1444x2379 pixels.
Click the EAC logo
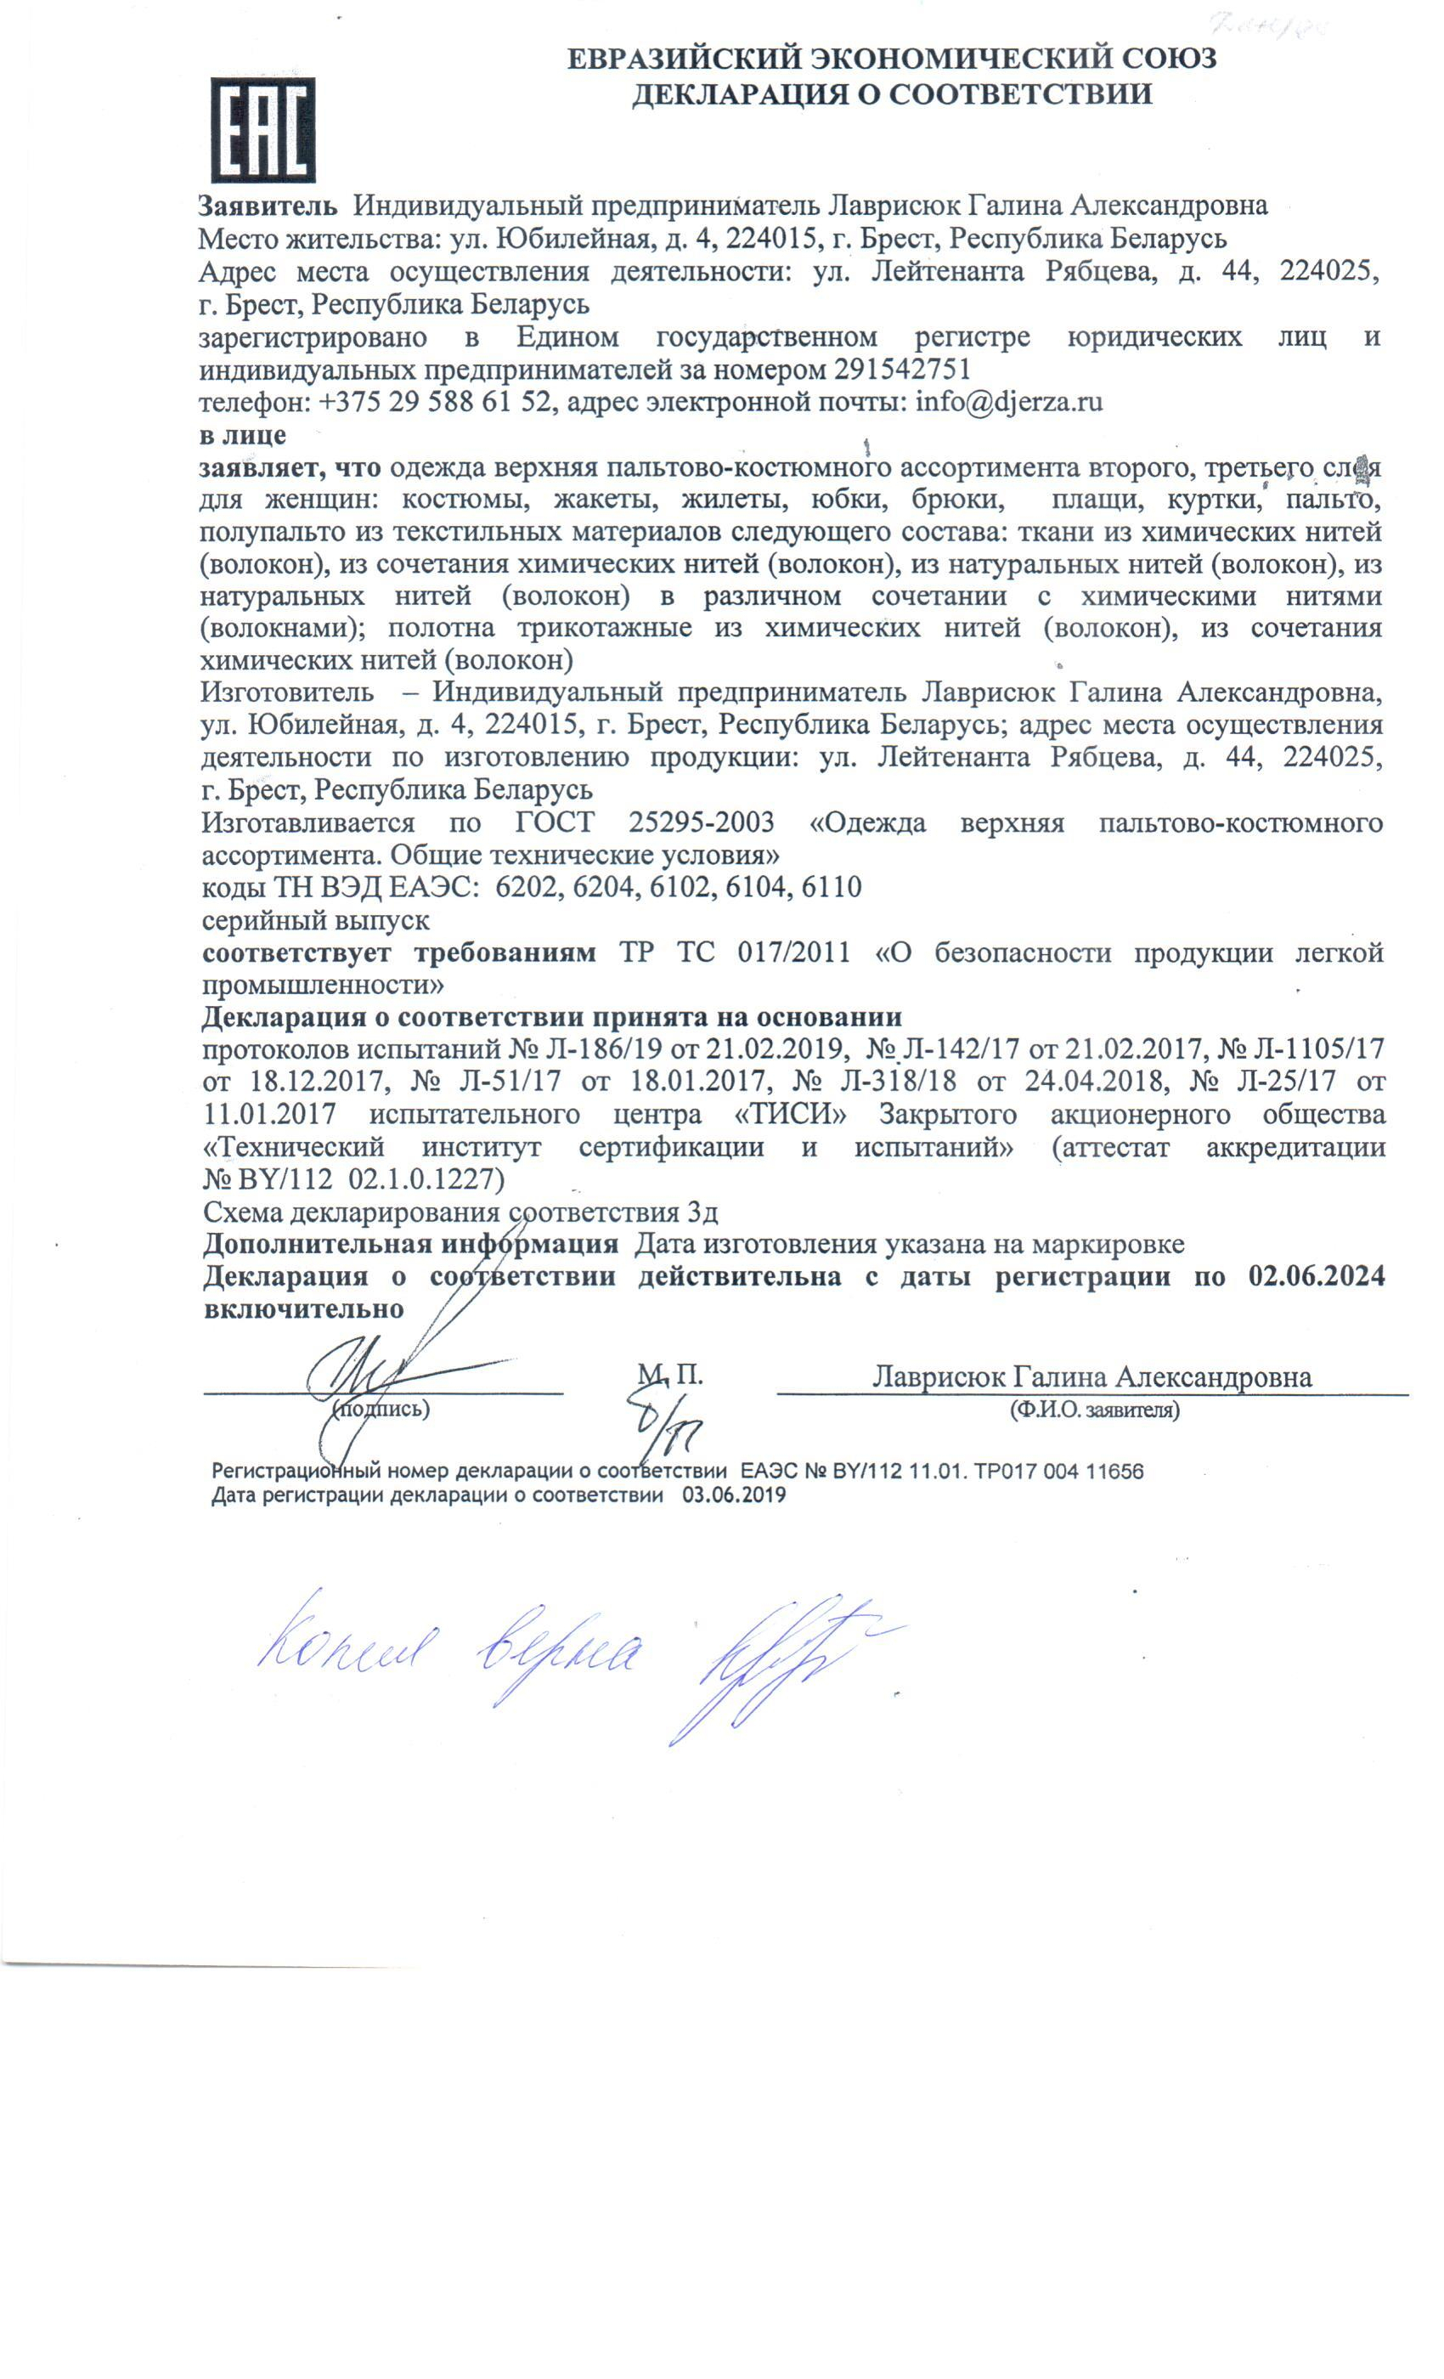coord(262,129)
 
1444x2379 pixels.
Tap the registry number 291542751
coord(902,369)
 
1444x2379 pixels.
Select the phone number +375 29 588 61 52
coord(433,402)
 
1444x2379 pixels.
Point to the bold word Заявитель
coord(268,205)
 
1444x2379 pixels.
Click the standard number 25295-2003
coord(701,822)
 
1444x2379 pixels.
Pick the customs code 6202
coord(527,887)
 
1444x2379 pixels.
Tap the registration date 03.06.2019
coord(734,1495)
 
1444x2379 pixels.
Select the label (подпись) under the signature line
coord(381,1409)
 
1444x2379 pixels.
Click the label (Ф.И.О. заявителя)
coord(1095,1410)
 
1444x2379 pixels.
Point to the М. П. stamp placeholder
coord(669,1374)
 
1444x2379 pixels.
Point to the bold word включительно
coord(303,1309)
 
